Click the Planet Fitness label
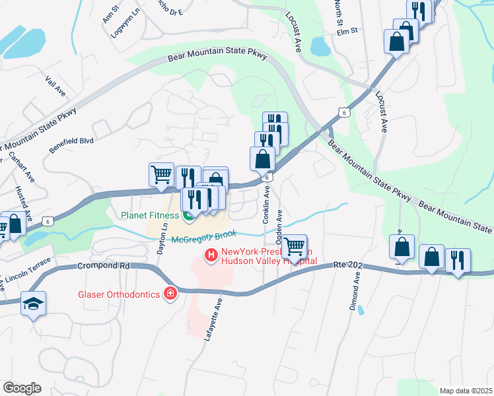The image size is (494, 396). tap(150, 215)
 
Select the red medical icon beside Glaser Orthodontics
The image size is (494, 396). tap(170, 292)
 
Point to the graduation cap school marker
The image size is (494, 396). tap(32, 303)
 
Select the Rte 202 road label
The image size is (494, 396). tap(349, 264)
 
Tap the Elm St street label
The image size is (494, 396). tap(346, 31)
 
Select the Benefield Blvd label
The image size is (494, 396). tap(71, 144)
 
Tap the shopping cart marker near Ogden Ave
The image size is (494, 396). tap(295, 247)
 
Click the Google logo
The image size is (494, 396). tap(22, 388)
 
